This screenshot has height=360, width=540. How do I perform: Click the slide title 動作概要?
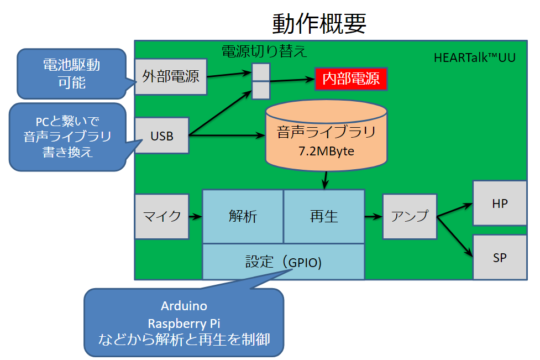pyautogui.click(x=319, y=24)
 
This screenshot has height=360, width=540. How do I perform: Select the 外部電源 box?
pyautogui.click(x=170, y=76)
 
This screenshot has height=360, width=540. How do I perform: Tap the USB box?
pyautogui.click(x=162, y=135)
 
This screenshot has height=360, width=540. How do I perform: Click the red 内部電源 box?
pyautogui.click(x=351, y=79)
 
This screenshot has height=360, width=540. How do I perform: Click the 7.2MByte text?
pyautogui.click(x=326, y=151)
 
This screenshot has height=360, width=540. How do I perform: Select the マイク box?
pyautogui.click(x=162, y=216)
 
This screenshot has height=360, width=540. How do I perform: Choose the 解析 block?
pyautogui.click(x=243, y=216)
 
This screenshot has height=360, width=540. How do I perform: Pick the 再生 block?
pyautogui.click(x=324, y=216)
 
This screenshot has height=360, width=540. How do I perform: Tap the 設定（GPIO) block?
pyautogui.click(x=283, y=262)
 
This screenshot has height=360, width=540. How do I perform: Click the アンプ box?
pyautogui.click(x=410, y=216)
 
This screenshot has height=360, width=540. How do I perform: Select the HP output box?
pyautogui.click(x=499, y=204)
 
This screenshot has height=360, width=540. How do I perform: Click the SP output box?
pyautogui.click(x=499, y=258)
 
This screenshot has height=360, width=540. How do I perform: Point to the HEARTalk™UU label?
pyautogui.click(x=475, y=58)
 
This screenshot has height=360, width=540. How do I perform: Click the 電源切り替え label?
pyautogui.click(x=264, y=52)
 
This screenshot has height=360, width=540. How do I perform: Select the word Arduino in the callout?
pyautogui.click(x=184, y=306)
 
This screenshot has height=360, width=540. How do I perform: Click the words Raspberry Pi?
pyautogui.click(x=184, y=323)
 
